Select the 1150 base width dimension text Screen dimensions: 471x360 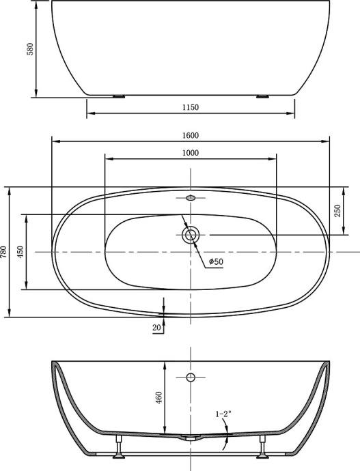(x=190, y=108)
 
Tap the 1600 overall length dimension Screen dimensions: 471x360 (x=190, y=135)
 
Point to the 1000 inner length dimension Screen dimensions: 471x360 (x=190, y=153)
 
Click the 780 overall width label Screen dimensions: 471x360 (x=4, y=253)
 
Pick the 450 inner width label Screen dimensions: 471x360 (x=21, y=253)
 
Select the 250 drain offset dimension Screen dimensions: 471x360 (x=337, y=211)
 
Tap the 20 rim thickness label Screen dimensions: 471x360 (x=157, y=328)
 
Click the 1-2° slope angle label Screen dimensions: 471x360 (x=223, y=414)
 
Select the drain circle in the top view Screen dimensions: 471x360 (x=191, y=235)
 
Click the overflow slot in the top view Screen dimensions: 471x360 (x=191, y=198)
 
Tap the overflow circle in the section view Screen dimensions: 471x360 (x=191, y=377)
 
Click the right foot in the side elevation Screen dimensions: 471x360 (x=262, y=96)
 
